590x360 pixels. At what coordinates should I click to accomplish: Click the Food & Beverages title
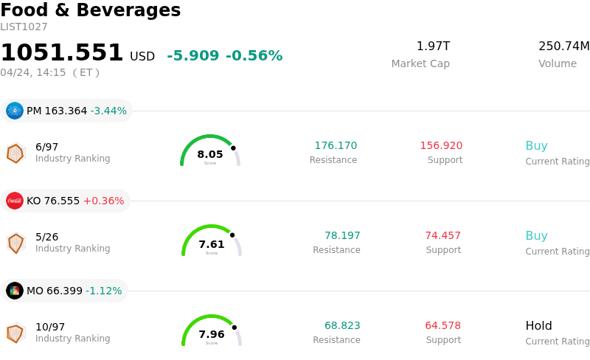(x=90, y=10)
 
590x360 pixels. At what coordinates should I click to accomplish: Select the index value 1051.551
(x=62, y=53)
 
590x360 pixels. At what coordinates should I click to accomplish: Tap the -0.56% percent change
(x=254, y=56)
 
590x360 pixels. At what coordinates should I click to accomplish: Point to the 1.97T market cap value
(x=433, y=46)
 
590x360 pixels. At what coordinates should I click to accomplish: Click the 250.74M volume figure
(x=563, y=46)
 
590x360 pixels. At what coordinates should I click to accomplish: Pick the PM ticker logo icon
(x=15, y=111)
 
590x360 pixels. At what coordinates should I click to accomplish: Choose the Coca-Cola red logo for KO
(x=15, y=201)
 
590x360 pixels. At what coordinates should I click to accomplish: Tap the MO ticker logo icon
(x=15, y=291)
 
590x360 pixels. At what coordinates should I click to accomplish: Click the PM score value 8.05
(x=210, y=154)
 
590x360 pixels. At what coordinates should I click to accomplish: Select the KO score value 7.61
(x=212, y=244)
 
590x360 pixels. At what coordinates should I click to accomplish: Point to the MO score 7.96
(x=212, y=334)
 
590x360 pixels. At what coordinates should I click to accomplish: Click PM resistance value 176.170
(x=336, y=146)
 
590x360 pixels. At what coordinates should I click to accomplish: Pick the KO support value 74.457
(x=442, y=236)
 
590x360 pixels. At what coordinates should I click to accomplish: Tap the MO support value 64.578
(x=442, y=326)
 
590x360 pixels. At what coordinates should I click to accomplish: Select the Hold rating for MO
(x=538, y=326)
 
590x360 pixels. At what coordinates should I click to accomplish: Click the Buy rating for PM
(x=536, y=146)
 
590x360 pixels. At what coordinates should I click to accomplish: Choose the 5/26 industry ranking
(x=46, y=237)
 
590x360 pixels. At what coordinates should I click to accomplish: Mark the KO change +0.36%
(x=103, y=201)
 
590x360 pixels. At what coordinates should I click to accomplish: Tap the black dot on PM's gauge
(x=233, y=148)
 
